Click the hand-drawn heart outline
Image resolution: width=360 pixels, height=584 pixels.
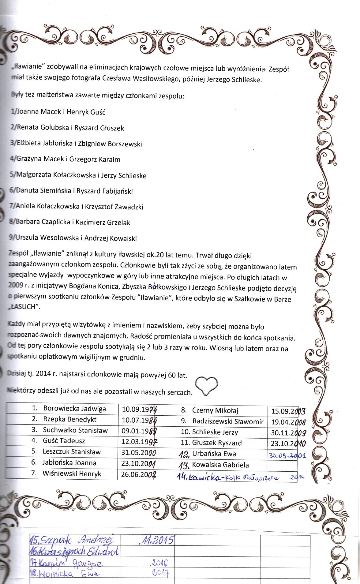tap(207, 384)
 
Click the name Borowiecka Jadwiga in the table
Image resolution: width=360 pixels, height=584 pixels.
tap(74, 408)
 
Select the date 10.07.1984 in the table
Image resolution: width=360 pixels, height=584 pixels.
tap(139, 419)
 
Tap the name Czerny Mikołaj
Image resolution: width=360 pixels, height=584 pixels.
tap(215, 410)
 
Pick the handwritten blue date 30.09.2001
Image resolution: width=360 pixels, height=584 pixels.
tap(287, 455)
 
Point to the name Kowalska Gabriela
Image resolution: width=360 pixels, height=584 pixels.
tap(220, 465)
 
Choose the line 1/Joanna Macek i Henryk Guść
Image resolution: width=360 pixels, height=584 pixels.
tap(58, 112)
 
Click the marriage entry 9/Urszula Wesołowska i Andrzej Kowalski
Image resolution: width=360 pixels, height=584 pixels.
tap(73, 238)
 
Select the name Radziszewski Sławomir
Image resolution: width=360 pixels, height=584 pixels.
tap(228, 421)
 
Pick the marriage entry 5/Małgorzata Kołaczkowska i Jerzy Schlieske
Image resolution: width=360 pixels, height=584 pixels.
tap(78, 175)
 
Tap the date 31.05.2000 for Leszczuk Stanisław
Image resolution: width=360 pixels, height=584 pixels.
tap(138, 452)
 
